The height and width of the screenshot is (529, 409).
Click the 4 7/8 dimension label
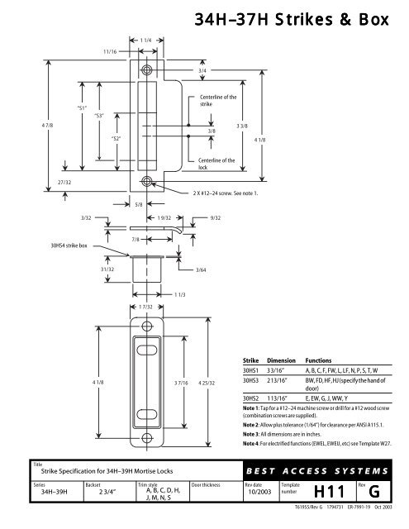(48, 125)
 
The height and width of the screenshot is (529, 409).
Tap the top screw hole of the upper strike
(147, 69)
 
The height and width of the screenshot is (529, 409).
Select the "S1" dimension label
(82, 108)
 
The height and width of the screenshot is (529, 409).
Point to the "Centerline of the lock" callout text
(216, 164)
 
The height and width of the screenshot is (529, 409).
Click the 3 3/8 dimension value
(242, 126)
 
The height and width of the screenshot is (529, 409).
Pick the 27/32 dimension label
(64, 182)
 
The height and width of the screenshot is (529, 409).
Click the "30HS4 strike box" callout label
(69, 245)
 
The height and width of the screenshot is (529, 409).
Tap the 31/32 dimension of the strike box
(107, 269)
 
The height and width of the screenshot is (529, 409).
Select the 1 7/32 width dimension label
(146, 307)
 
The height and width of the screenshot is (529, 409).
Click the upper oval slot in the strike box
(147, 350)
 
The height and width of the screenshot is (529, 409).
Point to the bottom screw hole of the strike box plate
(147, 438)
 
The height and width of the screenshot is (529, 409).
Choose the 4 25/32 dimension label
(207, 383)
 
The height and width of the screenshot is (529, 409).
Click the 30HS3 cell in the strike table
(250, 380)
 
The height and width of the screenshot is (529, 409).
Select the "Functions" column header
(318, 360)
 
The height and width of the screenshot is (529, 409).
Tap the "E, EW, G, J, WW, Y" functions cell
(326, 398)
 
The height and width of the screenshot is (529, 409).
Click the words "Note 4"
(251, 443)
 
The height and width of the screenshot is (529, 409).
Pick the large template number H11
(329, 492)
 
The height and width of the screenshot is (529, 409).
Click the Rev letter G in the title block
(374, 492)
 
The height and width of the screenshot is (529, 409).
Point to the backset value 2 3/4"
(102, 492)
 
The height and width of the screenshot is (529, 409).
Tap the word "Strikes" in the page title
(304, 19)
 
